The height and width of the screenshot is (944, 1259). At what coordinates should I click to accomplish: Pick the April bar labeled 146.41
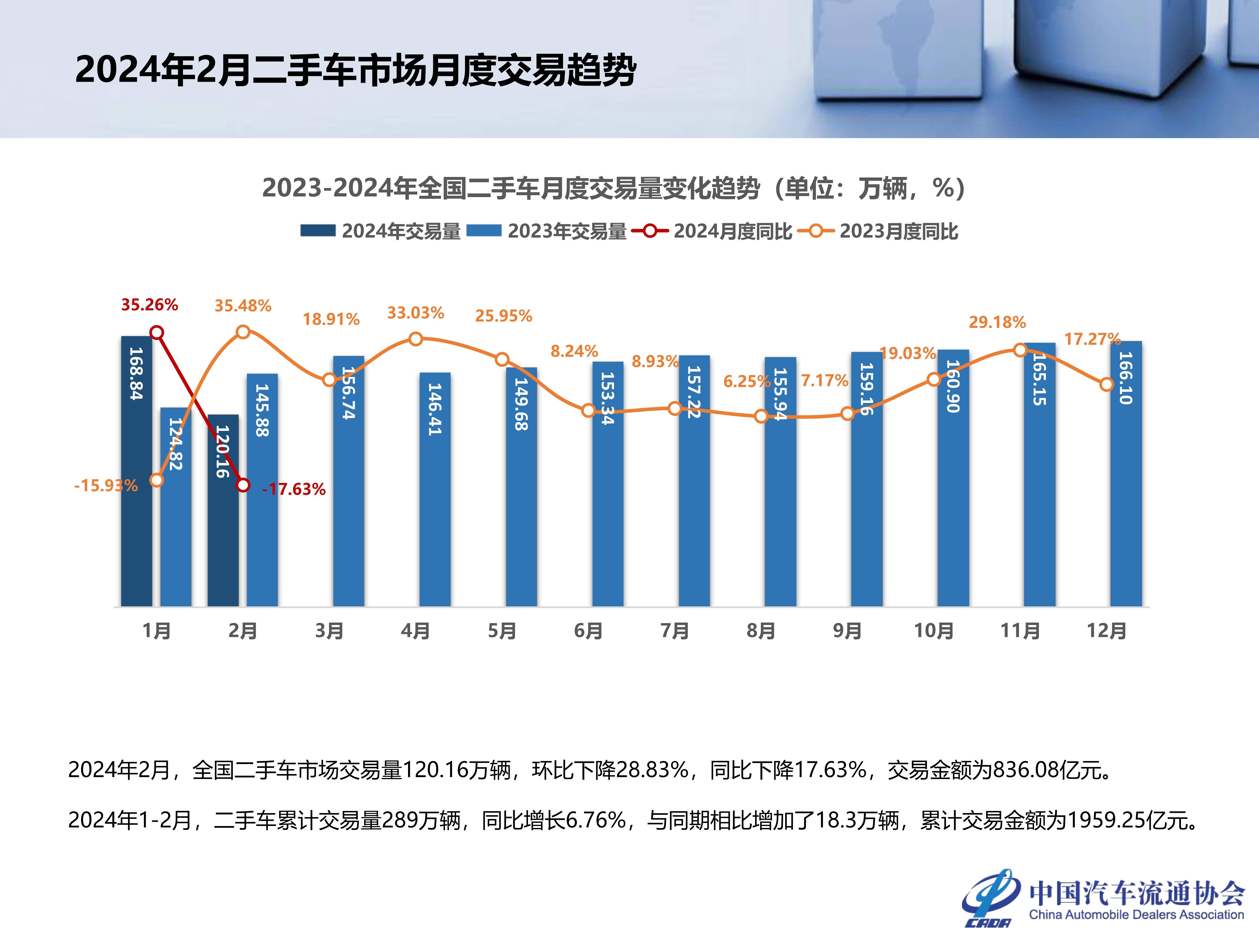coord(435,489)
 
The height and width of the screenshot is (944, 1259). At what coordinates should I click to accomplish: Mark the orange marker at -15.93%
coord(157,480)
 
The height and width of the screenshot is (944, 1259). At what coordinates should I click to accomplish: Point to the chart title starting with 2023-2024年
coord(613,188)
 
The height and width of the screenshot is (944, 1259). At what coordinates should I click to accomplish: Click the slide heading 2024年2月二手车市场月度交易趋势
coord(356,71)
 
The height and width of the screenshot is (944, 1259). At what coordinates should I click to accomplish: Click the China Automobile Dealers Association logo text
coord(1136,914)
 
